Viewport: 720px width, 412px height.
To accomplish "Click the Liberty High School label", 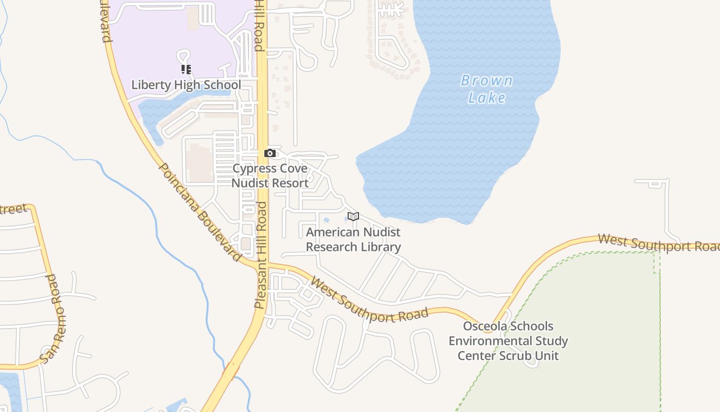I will pyautogui.click(x=186, y=85).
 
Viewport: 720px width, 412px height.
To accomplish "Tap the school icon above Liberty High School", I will pyautogui.click(x=186, y=69).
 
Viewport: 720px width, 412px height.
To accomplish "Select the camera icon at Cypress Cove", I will pyautogui.click(x=270, y=153).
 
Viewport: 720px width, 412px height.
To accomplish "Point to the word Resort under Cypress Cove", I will pyautogui.click(x=290, y=183).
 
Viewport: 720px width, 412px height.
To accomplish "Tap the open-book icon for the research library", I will pyautogui.click(x=353, y=216).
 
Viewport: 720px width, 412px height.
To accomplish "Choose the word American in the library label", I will pyautogui.click(x=330, y=232).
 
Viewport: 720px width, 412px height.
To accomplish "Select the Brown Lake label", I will pyautogui.click(x=487, y=89).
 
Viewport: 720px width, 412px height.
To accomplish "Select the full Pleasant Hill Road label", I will pyautogui.click(x=261, y=255).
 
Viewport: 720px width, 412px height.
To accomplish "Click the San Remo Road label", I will pyautogui.click(x=53, y=319).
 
